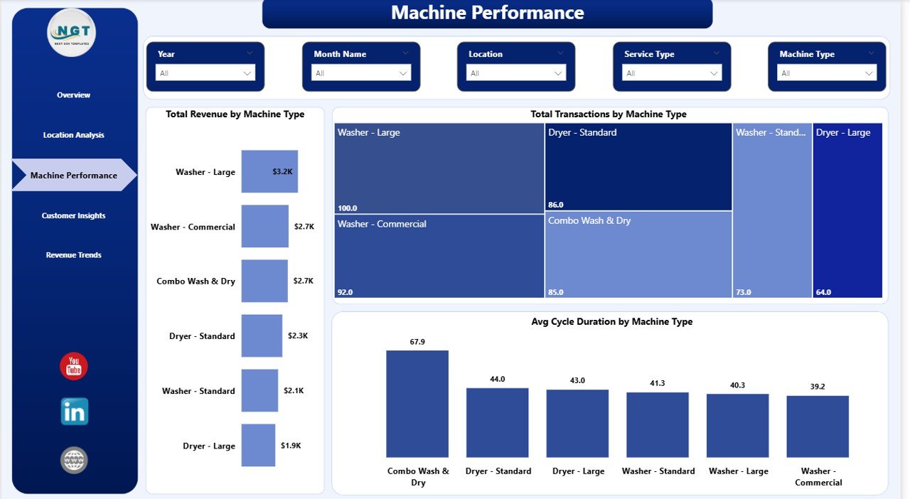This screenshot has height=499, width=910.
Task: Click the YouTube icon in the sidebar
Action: pyautogui.click(x=74, y=366)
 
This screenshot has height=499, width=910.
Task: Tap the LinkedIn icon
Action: pyautogui.click(x=74, y=412)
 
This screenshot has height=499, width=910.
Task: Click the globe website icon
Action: pyautogui.click(x=74, y=460)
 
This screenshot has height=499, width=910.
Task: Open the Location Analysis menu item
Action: pyautogui.click(x=73, y=135)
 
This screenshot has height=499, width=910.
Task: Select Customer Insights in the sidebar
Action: pyautogui.click(x=73, y=215)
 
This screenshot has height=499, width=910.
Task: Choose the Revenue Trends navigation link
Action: pyautogui.click(x=73, y=255)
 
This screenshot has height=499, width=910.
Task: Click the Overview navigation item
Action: pyautogui.click(x=73, y=95)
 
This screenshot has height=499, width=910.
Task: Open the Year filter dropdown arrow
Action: pyautogui.click(x=247, y=73)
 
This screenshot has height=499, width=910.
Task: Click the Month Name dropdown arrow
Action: pyautogui.click(x=403, y=73)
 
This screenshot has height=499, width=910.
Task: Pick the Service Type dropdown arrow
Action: pyautogui.click(x=714, y=73)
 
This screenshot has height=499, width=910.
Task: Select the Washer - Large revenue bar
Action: pyautogui.click(x=269, y=171)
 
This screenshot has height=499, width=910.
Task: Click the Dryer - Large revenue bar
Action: pyautogui.click(x=258, y=446)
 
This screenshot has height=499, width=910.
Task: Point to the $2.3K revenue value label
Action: pyautogui.click(x=298, y=336)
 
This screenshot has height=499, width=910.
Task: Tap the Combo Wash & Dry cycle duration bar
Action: pyautogui.click(x=417, y=404)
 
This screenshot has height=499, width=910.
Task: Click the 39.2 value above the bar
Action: pyautogui.click(x=818, y=387)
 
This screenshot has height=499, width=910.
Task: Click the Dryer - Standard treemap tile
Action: pyautogui.click(x=638, y=168)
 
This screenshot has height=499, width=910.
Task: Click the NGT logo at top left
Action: pyautogui.click(x=72, y=32)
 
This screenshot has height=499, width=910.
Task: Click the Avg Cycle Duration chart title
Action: pyautogui.click(x=611, y=322)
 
